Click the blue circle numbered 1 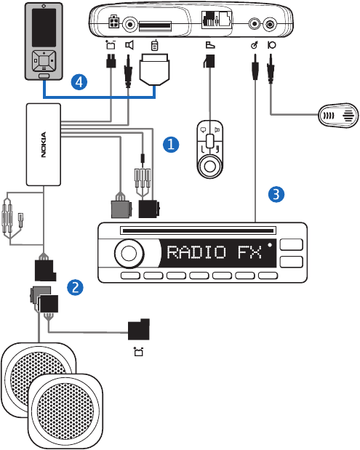click(171, 145)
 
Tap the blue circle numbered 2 click(75, 287)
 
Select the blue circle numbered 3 click(276, 194)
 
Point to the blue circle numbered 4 click(79, 82)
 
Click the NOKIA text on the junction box click(44, 145)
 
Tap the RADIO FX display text click(215, 252)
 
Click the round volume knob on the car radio click(129, 254)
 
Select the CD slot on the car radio click(198, 230)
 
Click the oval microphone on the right click(338, 116)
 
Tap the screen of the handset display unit click(44, 28)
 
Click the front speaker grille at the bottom click(65, 411)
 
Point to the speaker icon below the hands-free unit click(129, 45)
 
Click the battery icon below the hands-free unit click(111, 45)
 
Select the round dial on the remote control click(210, 166)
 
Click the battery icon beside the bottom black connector click(139, 351)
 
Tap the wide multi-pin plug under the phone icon click(154, 70)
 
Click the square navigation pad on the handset click(44, 61)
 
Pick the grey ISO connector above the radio click(121, 207)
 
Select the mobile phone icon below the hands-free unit click(154, 45)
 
